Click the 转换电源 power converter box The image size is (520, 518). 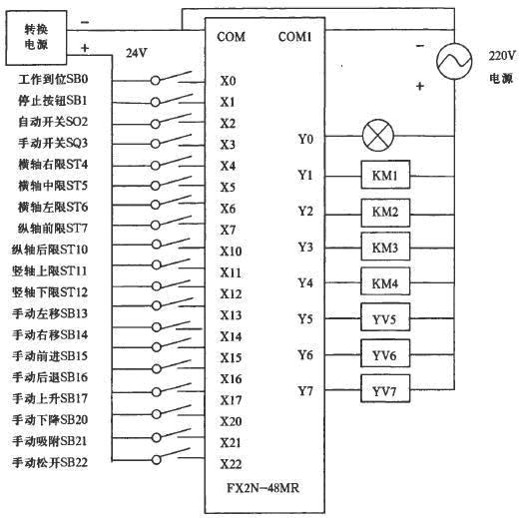(36, 38)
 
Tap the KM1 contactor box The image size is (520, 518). (385, 175)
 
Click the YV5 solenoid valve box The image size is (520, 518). (385, 317)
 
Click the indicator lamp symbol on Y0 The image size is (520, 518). (377, 136)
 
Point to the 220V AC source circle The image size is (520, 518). (454, 61)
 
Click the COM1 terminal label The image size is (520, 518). (295, 37)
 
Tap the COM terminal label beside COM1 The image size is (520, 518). (231, 37)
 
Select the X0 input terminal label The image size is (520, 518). (228, 81)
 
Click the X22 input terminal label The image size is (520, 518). (231, 464)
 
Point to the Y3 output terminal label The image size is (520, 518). (305, 248)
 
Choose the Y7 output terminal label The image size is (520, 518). (305, 390)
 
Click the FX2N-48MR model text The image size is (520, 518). (262, 488)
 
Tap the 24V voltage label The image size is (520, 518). (137, 53)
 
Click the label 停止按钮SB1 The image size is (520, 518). (53, 101)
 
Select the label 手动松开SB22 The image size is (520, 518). (50, 462)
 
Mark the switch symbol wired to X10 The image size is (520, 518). (171, 245)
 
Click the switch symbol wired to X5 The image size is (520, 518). (171, 184)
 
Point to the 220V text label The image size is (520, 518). (502, 56)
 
